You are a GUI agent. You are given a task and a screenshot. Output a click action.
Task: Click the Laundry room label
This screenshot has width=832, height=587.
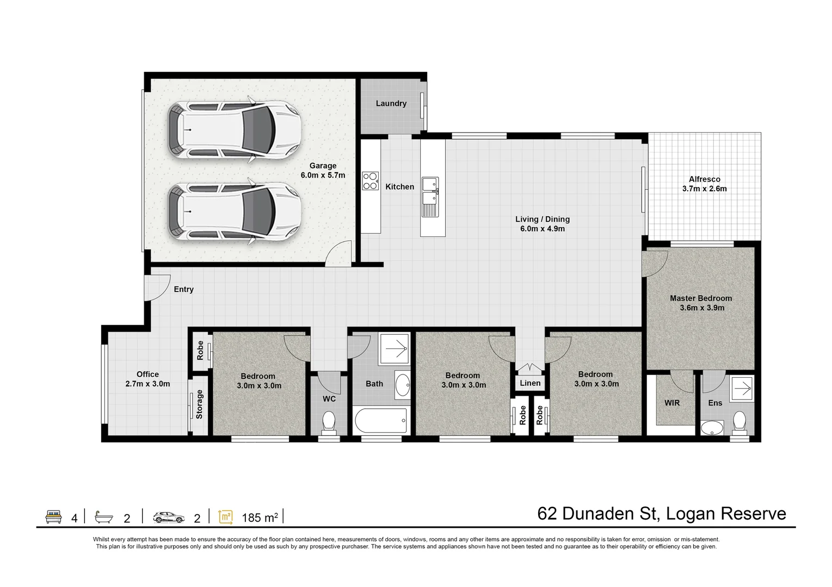point(391,103)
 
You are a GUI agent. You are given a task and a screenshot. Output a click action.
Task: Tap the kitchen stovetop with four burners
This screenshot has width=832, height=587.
point(371,181)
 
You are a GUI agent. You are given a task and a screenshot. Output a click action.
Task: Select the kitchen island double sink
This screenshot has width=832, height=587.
point(430,197)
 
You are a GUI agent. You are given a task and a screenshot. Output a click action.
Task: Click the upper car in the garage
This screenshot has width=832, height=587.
point(234,130)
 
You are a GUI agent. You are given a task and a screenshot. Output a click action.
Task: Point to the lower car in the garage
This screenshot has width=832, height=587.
point(234,211)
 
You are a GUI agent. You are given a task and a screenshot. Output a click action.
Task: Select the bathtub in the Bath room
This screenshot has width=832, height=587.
point(381,420)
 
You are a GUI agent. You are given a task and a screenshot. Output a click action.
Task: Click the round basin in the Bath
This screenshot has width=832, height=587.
point(403,385)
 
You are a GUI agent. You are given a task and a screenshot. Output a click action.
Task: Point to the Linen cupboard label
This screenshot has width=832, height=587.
point(530,383)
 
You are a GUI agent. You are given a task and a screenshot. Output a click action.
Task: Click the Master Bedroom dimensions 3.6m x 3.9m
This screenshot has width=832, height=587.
point(702,308)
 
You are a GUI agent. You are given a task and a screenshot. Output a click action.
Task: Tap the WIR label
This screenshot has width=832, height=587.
point(672,403)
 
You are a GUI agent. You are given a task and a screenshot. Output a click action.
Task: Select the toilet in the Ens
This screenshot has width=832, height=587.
point(739,423)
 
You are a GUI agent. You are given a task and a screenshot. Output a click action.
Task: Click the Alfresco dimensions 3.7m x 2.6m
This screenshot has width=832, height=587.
point(705,189)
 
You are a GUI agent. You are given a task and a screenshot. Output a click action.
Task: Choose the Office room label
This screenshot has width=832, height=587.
point(147,374)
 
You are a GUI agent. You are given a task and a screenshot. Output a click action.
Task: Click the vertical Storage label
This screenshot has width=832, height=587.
point(199,404)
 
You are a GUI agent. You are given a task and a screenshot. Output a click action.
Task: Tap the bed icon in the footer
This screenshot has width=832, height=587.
point(53,516)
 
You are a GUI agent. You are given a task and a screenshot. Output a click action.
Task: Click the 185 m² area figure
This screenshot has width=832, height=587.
point(260,517)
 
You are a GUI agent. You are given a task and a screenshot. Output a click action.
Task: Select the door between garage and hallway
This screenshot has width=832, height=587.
point(338,253)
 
